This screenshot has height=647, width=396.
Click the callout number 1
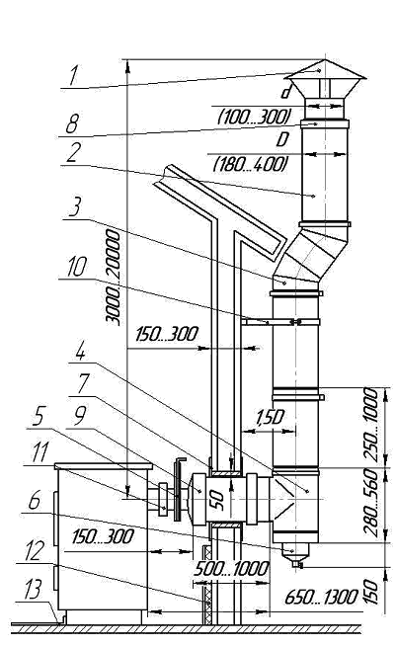(73, 75)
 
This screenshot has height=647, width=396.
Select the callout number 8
(72, 123)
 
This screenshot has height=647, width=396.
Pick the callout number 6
(35, 501)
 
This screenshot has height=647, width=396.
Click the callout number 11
(40, 452)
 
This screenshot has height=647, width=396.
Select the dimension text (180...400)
(251, 164)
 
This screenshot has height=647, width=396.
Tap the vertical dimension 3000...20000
(113, 278)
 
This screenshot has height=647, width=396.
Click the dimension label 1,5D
(270, 419)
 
